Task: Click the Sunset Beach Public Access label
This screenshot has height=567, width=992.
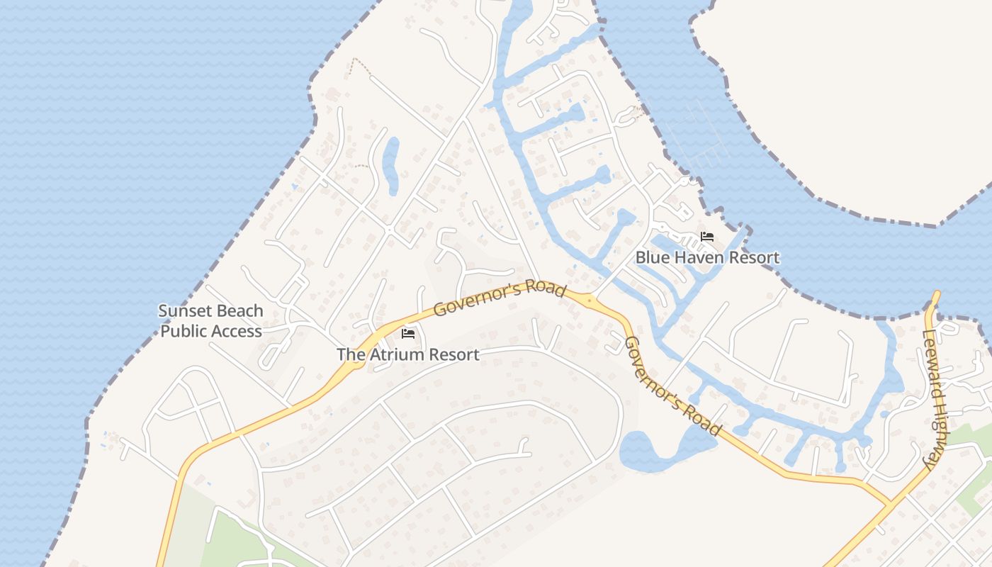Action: click(x=210, y=321)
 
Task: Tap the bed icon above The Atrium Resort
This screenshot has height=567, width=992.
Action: click(x=407, y=333)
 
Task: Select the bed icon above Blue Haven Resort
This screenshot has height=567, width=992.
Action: click(x=706, y=237)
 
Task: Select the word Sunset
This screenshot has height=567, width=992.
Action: click(x=186, y=311)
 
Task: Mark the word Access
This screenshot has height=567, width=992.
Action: click(x=237, y=331)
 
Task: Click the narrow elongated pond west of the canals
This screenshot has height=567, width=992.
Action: click(x=390, y=164)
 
